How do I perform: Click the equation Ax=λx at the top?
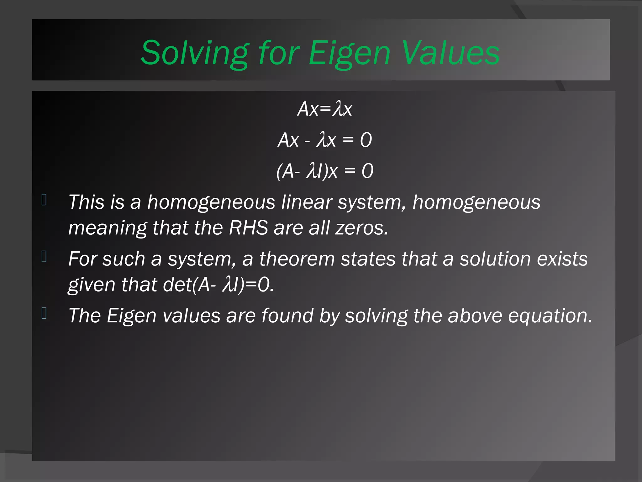point(325,109)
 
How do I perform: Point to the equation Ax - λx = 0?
point(325,140)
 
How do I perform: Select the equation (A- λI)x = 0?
point(325,171)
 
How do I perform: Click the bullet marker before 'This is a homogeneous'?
point(44,200)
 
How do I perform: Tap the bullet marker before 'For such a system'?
point(44,257)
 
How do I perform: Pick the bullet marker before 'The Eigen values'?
point(44,313)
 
